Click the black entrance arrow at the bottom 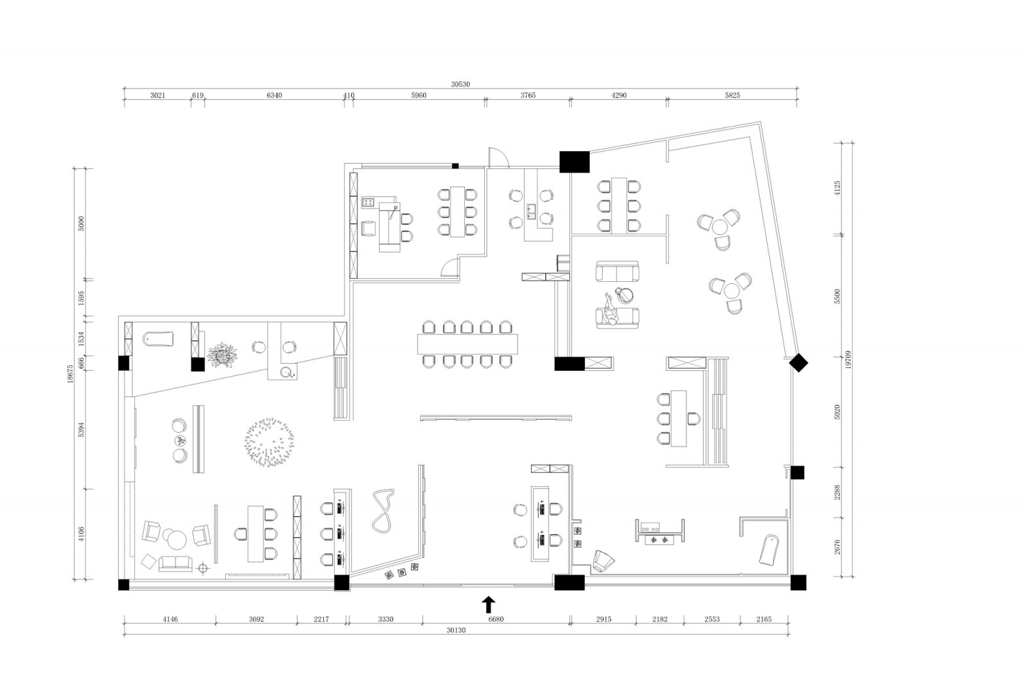coord(489,604)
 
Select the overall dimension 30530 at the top coord(460,84)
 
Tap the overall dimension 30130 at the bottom coord(456,630)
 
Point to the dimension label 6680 coord(496,619)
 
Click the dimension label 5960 coord(419,95)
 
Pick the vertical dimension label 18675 coord(70,373)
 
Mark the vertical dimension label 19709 coord(849,359)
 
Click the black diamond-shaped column coord(798,363)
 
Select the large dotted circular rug coord(269,442)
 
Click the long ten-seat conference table coord(467,344)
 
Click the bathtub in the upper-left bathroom coord(158,339)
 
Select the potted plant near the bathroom coord(223,355)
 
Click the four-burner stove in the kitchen coord(368,202)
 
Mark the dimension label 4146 coord(170,619)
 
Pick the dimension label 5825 coord(732,95)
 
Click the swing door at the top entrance coord(498,158)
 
